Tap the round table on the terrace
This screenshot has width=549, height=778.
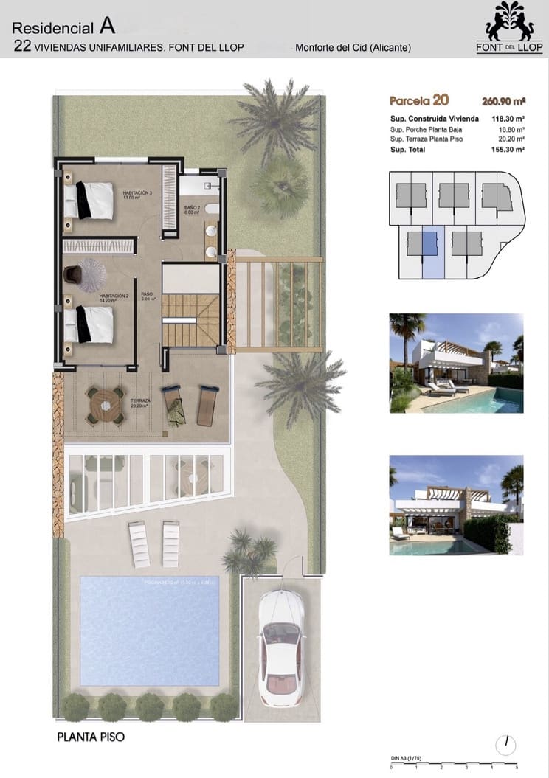[x=105, y=405]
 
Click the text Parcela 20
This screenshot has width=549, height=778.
[x=418, y=101]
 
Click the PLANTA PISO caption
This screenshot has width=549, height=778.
[x=86, y=736]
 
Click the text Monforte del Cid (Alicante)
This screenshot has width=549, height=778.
[x=353, y=48]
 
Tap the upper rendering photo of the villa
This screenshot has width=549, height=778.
[x=456, y=363]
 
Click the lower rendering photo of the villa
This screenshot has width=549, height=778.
[x=456, y=504]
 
